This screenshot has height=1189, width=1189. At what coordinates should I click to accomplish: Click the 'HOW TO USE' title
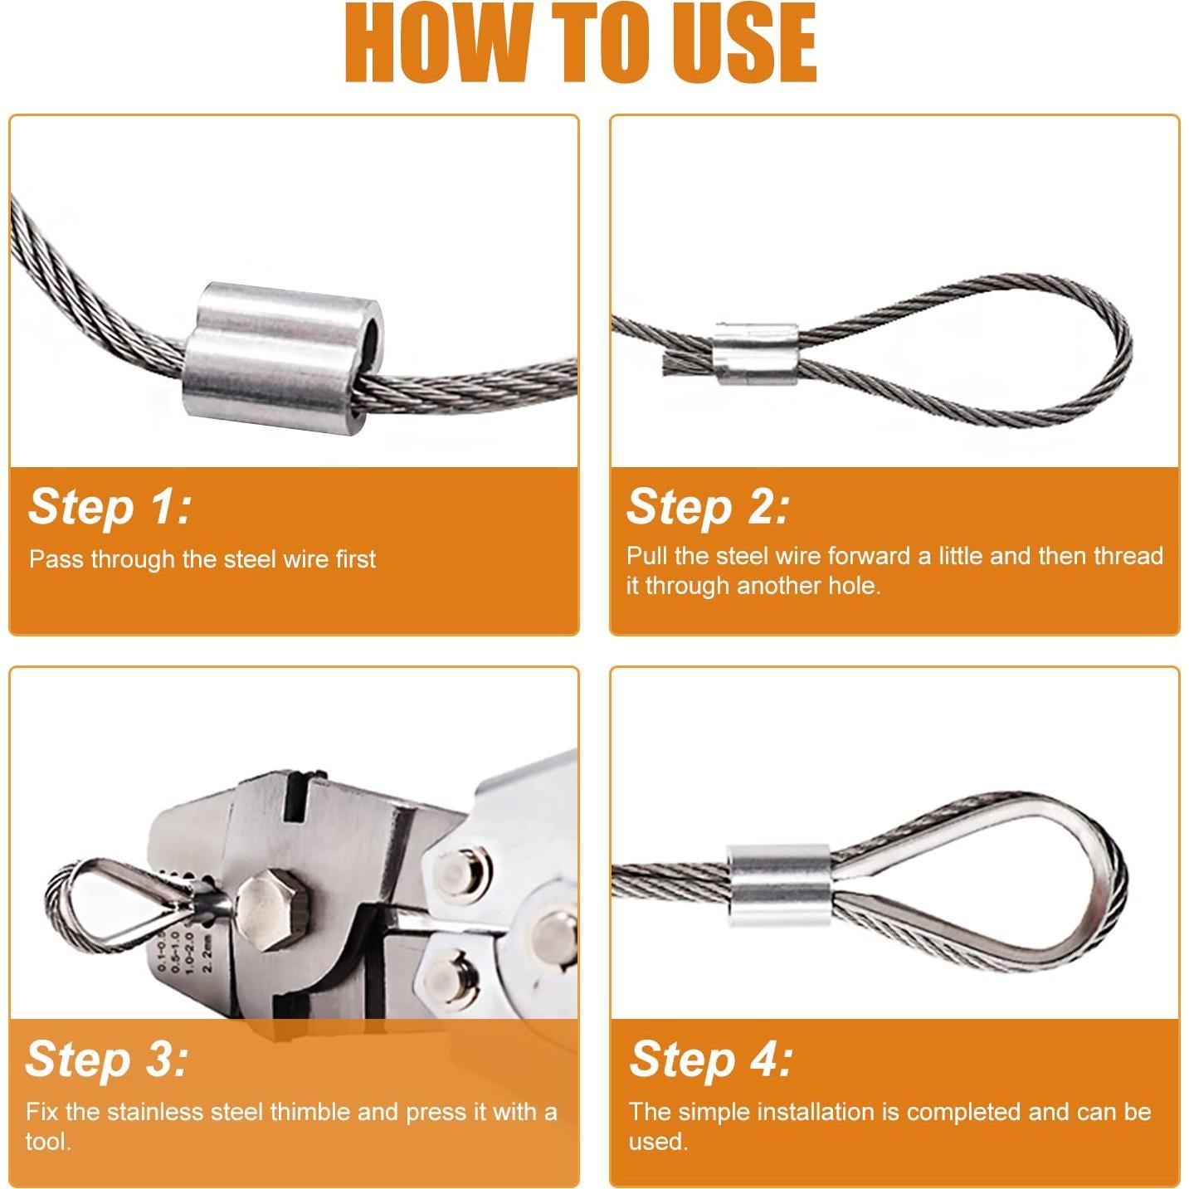click(581, 43)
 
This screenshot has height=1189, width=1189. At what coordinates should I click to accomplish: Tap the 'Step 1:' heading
click(110, 506)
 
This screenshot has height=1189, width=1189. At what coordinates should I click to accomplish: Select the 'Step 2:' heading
click(707, 506)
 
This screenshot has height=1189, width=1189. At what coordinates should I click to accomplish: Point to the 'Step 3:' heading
click(107, 1059)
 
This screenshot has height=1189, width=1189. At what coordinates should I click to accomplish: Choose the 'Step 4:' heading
click(711, 1059)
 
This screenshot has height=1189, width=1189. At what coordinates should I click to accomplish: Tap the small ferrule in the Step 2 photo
click(756, 355)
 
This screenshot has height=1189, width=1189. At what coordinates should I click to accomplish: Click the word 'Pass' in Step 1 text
click(56, 559)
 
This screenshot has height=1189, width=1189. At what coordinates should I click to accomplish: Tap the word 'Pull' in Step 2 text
click(647, 556)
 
